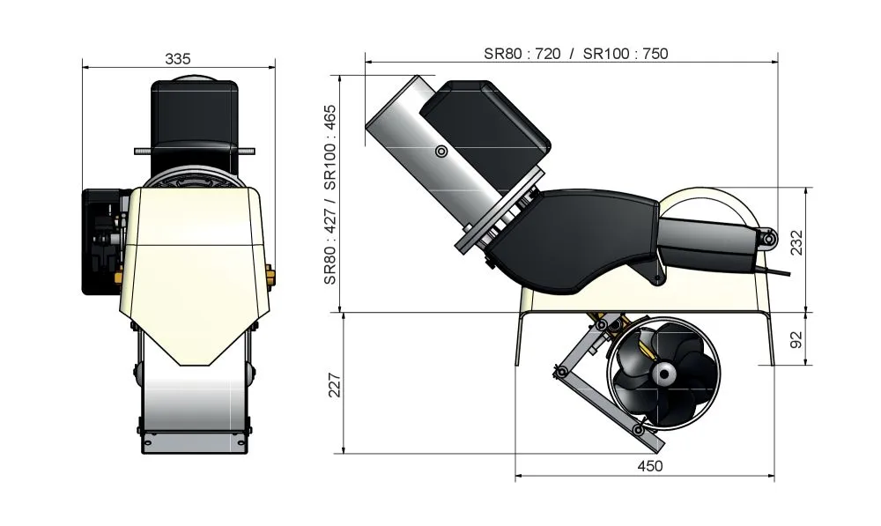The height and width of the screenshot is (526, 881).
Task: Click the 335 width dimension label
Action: (x=178, y=58)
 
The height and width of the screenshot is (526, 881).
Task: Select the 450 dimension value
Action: (x=649, y=466)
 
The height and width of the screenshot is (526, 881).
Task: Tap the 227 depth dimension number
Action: (x=334, y=385)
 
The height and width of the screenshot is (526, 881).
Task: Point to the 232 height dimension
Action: (x=796, y=242)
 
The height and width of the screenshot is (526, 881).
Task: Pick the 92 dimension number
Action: (x=796, y=339)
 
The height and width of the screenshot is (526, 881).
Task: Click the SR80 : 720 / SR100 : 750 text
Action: (x=576, y=54)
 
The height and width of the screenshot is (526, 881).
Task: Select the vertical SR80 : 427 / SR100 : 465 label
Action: (x=330, y=195)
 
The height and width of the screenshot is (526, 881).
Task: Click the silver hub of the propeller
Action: (x=663, y=373)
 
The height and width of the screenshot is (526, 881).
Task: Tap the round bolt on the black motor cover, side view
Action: (x=441, y=152)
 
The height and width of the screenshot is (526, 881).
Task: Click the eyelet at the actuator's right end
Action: (x=768, y=240)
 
